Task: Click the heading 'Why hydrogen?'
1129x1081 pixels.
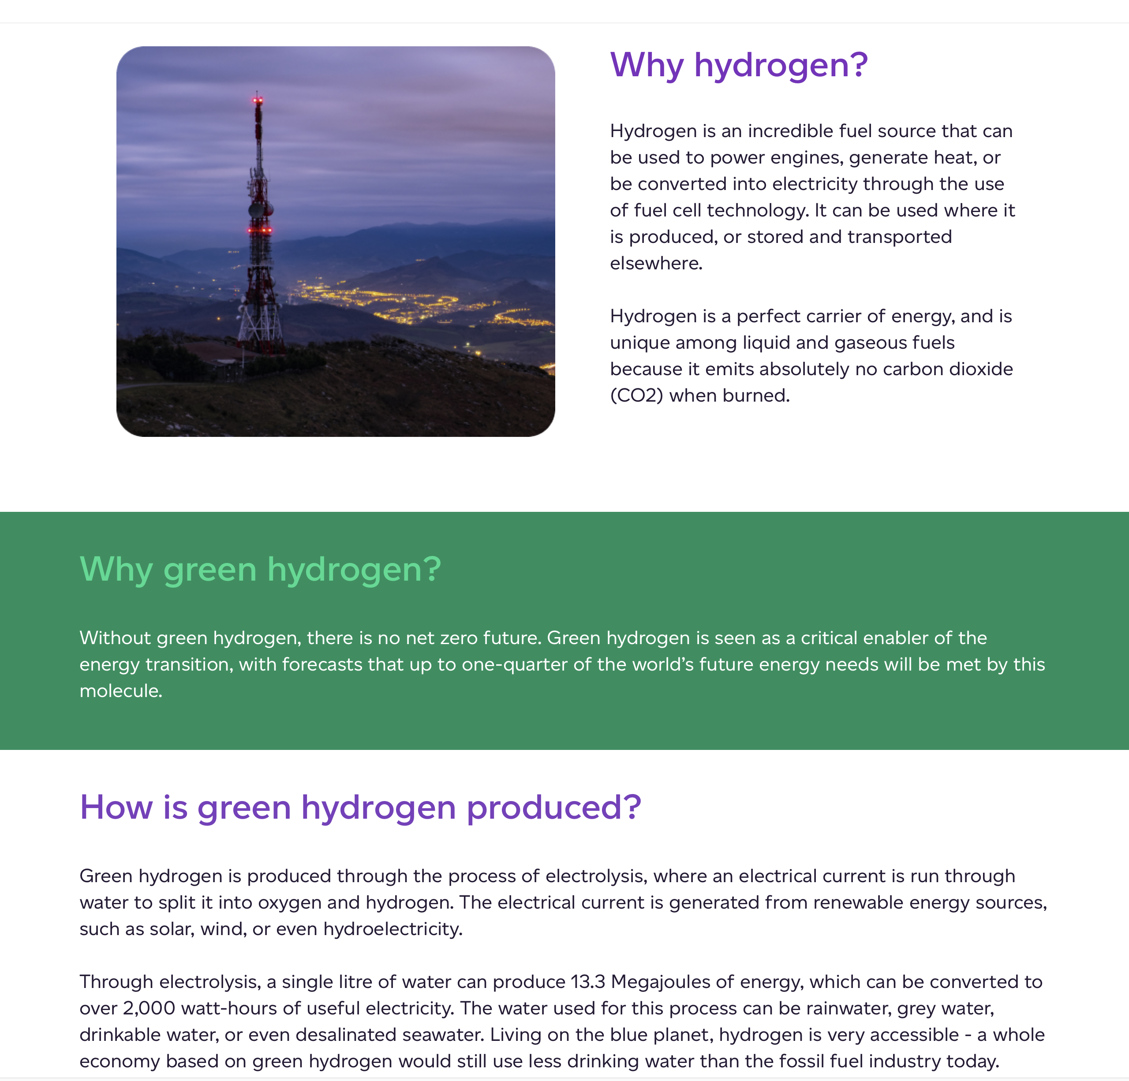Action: pyautogui.click(x=738, y=65)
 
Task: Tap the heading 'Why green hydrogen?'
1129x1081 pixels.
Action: pyautogui.click(x=260, y=570)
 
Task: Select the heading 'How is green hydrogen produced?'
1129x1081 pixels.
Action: pyautogui.click(x=360, y=807)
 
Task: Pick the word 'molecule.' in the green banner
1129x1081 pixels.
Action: pyautogui.click(x=121, y=691)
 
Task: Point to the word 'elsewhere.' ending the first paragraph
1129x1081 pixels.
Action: pyautogui.click(x=656, y=264)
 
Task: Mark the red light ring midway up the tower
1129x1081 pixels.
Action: pyautogui.click(x=260, y=230)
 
